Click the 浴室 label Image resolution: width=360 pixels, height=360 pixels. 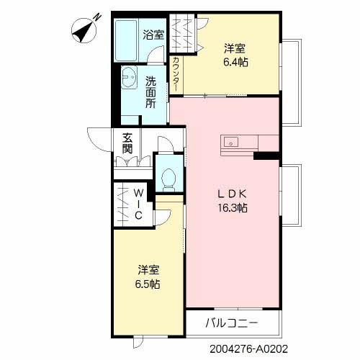[154, 35]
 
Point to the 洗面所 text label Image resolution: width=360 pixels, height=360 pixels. [150, 91]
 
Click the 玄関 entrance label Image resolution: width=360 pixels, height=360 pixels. [127, 144]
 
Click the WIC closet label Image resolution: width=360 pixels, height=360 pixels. [138, 203]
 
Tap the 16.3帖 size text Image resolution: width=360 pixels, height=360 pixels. [233, 208]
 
